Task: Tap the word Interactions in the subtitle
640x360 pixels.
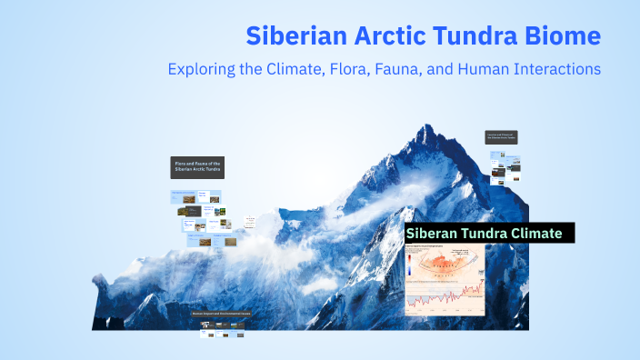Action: (554, 68)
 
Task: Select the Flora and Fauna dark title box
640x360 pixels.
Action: (196, 167)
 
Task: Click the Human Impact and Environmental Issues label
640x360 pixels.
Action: (221, 315)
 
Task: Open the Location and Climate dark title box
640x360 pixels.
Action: (501, 136)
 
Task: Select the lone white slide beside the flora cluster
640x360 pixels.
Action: (247, 222)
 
